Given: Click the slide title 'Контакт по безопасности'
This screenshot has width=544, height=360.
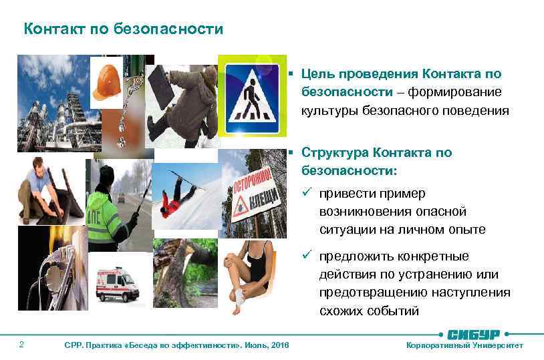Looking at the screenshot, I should click(123, 29).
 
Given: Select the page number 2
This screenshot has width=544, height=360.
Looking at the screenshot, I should click(22, 345).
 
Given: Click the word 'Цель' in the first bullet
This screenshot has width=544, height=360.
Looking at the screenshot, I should click(316, 73).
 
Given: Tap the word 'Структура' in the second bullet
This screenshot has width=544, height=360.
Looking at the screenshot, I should click(335, 152).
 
